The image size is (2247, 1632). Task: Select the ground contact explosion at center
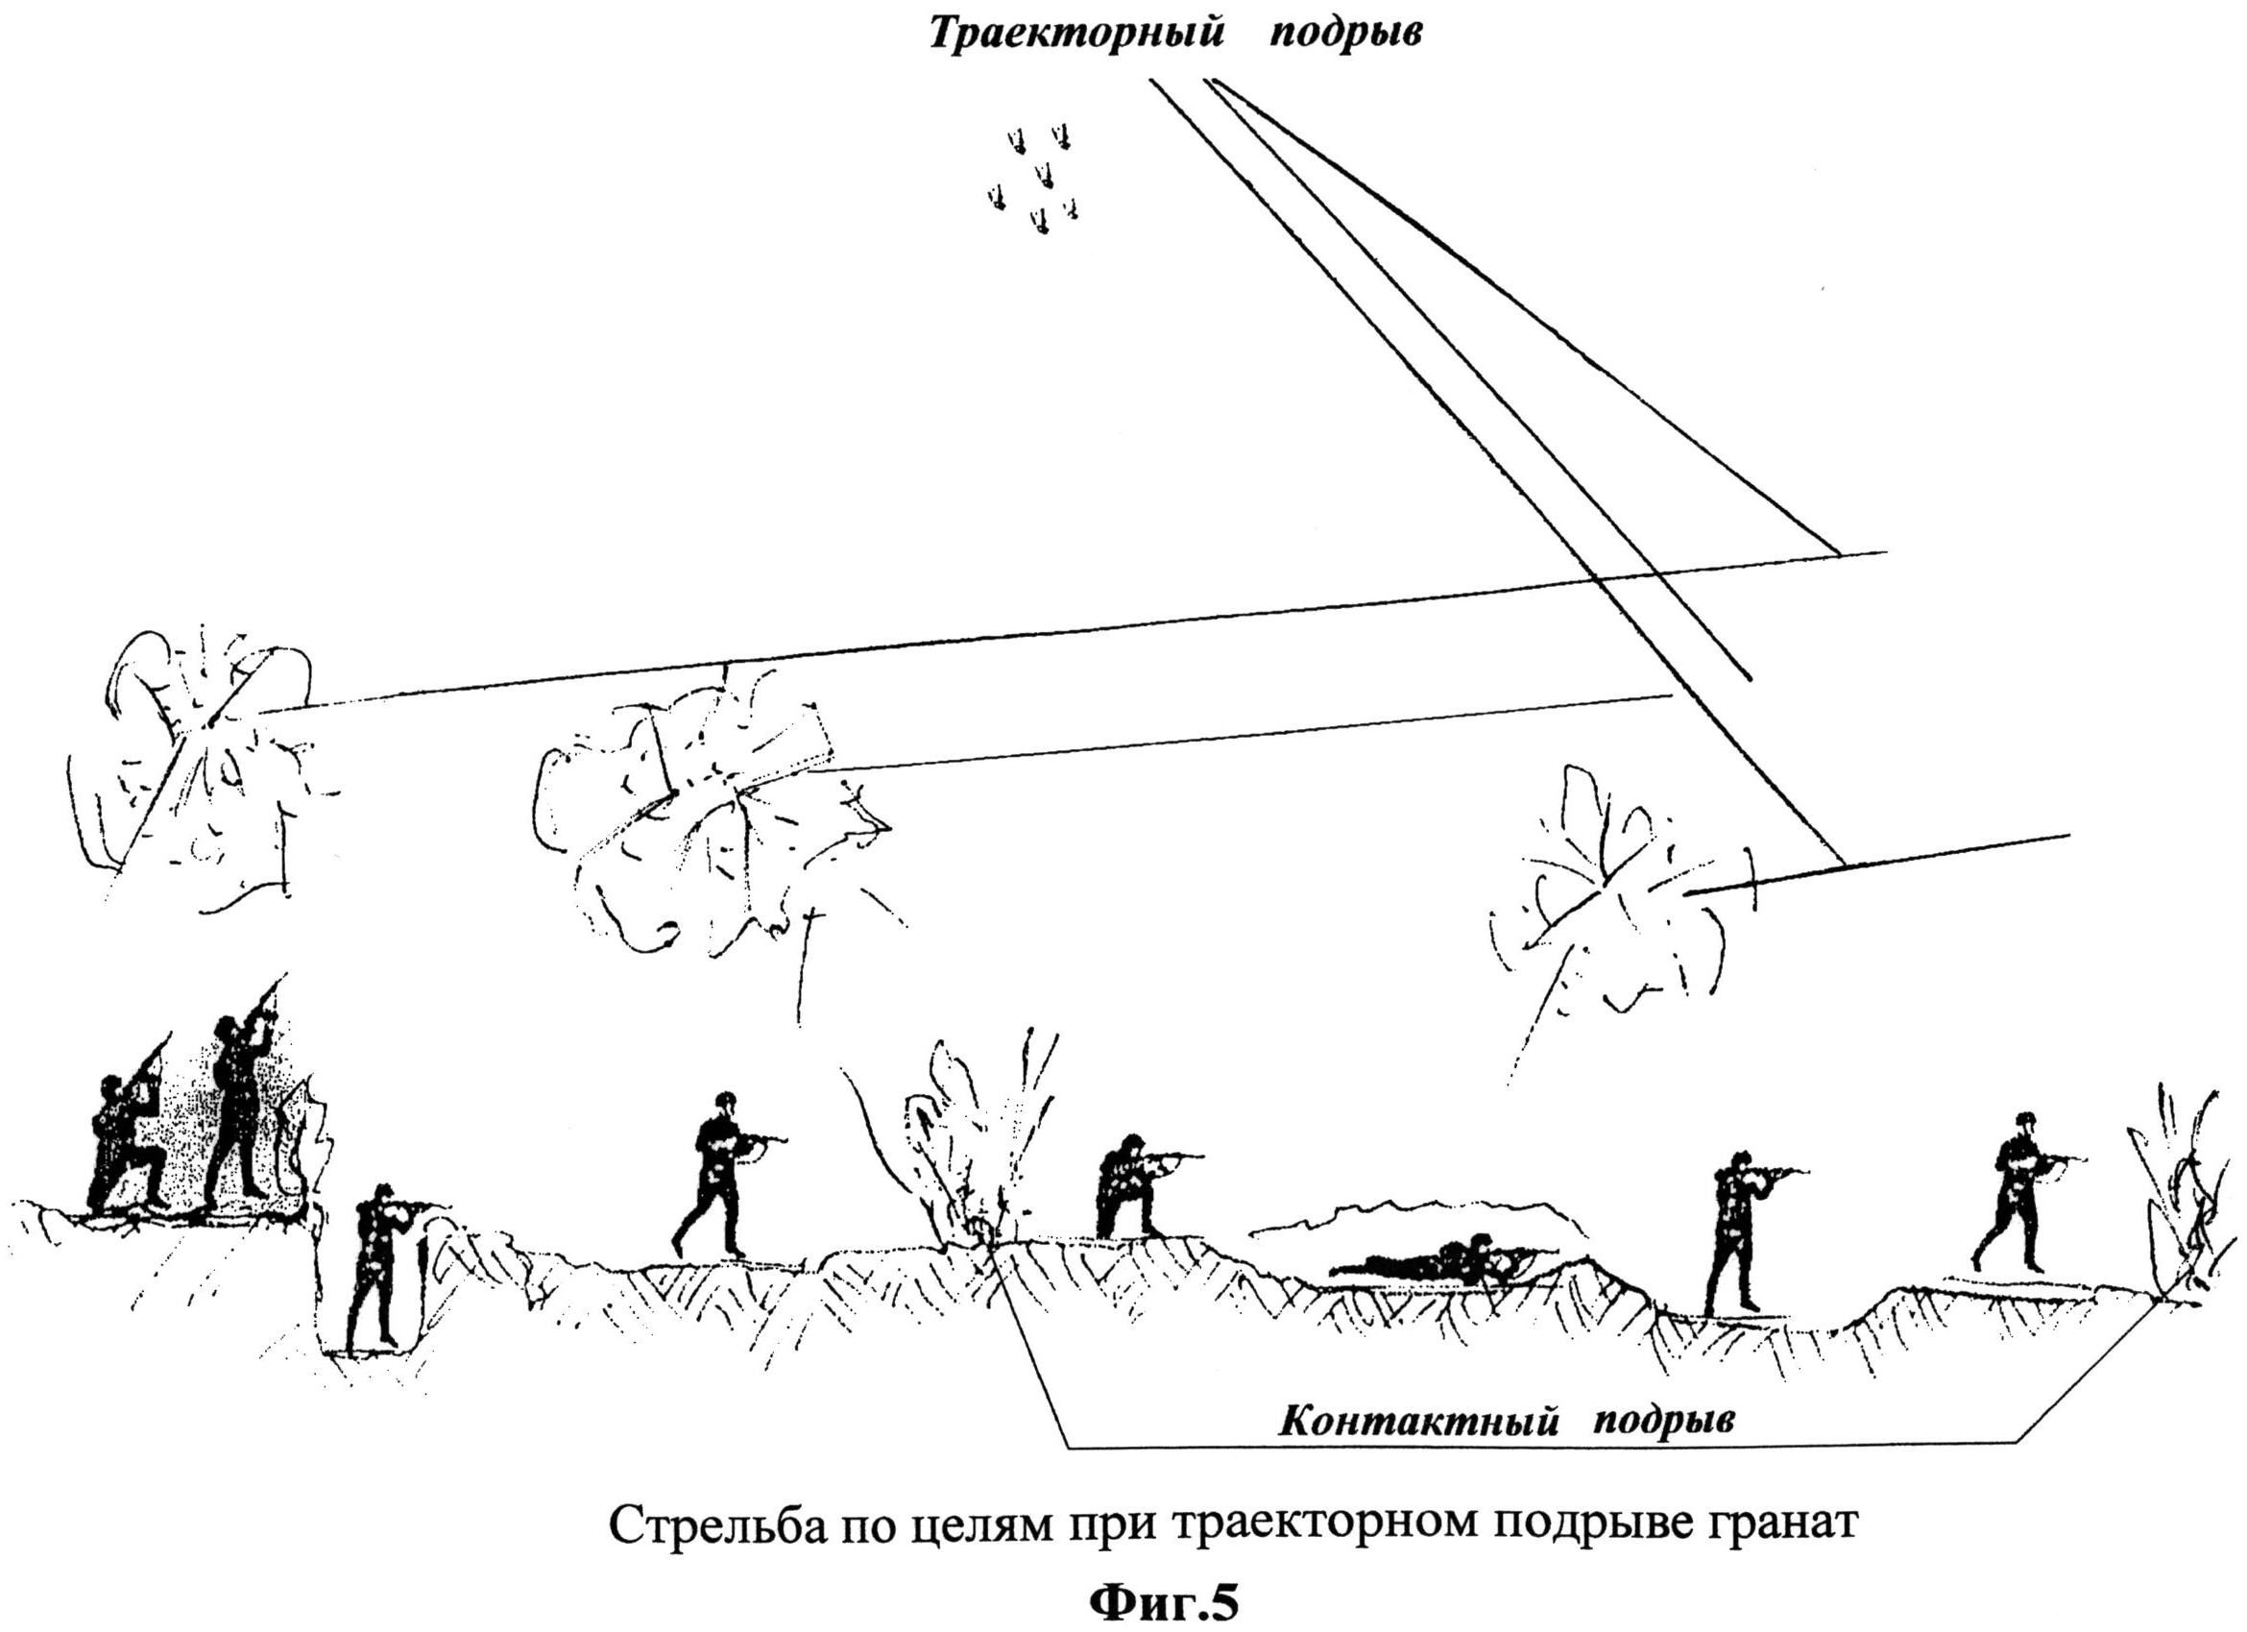click(966, 1139)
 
